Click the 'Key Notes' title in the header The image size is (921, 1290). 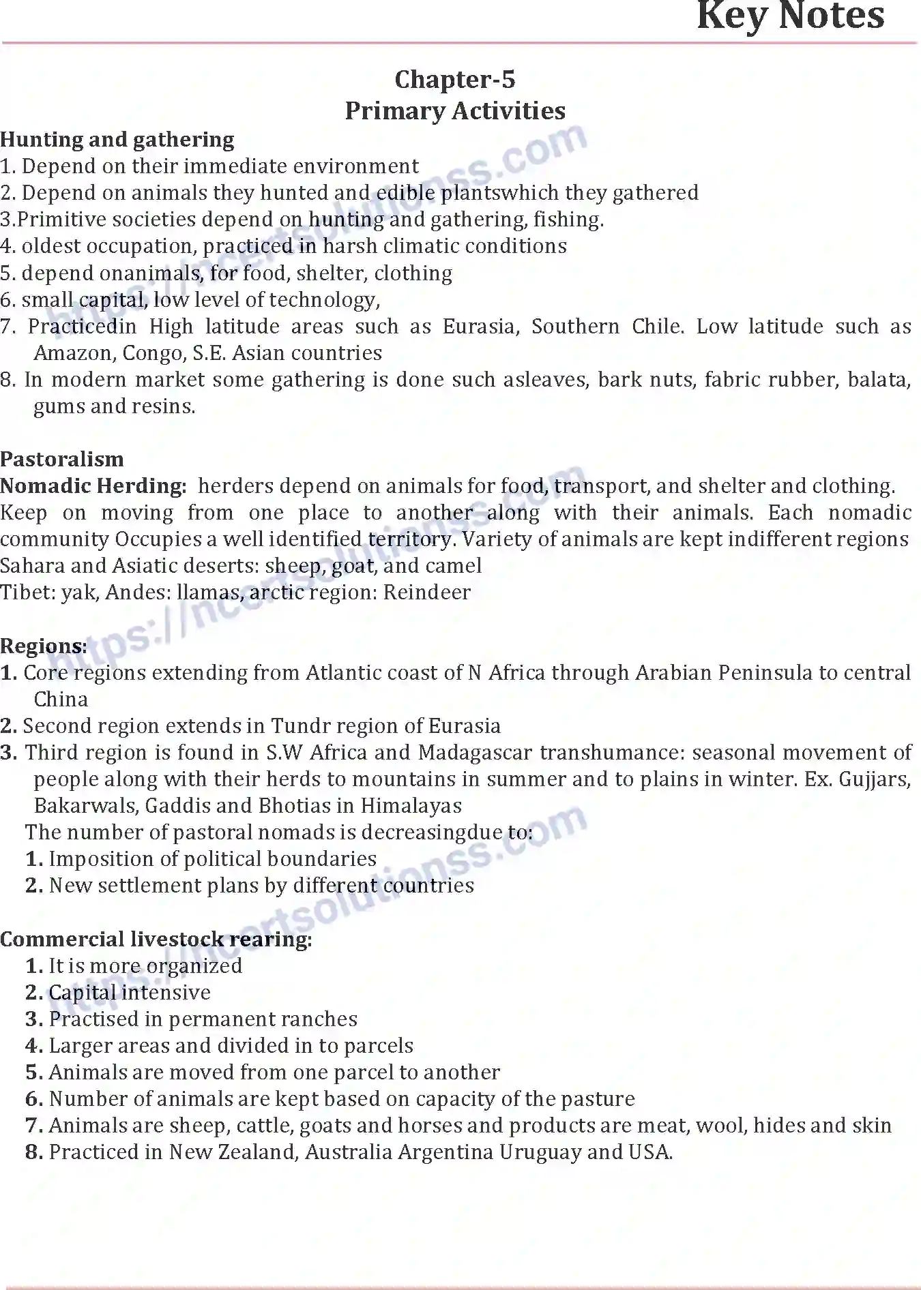click(x=790, y=16)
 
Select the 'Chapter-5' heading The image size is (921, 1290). click(x=455, y=80)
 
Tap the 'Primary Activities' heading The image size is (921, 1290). click(x=455, y=110)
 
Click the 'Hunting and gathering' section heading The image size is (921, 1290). click(x=117, y=140)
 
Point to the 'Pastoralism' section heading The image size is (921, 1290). click(x=62, y=459)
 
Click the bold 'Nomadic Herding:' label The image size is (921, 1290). click(x=93, y=486)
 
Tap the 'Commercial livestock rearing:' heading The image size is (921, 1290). click(x=156, y=940)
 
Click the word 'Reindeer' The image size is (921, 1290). click(x=426, y=592)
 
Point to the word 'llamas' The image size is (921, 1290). click(x=209, y=592)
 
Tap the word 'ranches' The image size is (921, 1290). click(x=319, y=1019)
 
